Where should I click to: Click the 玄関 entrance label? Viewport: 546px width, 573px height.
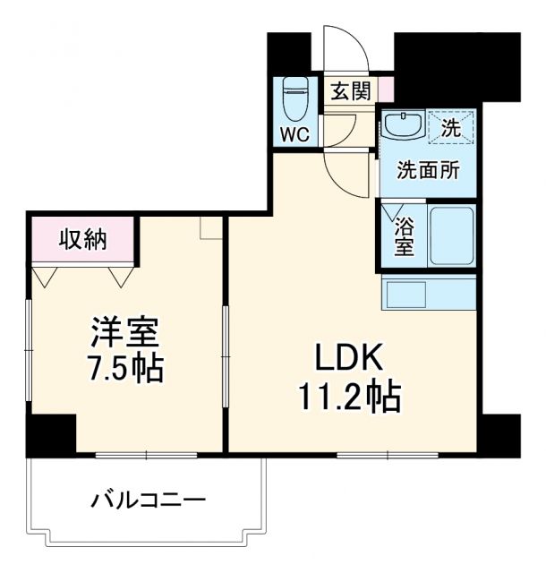point(349,92)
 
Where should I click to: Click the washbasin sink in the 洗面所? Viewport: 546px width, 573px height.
point(404,124)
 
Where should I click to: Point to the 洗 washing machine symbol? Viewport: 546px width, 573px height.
point(451,126)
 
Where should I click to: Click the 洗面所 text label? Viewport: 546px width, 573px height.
point(429,170)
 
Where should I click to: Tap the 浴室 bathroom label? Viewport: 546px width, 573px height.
point(405,235)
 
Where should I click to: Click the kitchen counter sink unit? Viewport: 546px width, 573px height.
point(429,293)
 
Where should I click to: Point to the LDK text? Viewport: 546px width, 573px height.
point(348,358)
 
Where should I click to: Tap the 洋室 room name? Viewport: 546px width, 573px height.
point(124,333)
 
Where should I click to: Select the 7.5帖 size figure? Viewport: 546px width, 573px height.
point(124,368)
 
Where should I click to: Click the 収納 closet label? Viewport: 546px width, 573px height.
point(83,239)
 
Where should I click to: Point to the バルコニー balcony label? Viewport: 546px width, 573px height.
point(148,499)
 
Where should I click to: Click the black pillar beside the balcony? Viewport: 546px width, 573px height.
point(50,435)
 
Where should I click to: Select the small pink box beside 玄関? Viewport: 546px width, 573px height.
point(386,90)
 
